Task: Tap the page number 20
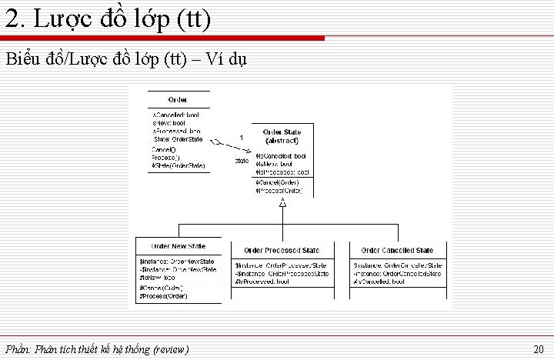point(539,349)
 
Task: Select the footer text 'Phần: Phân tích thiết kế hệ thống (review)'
point(96,349)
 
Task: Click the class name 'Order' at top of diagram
point(178,100)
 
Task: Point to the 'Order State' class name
point(282,133)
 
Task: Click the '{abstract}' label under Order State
point(282,142)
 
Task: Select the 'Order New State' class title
point(178,245)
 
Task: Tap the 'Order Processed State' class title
point(282,251)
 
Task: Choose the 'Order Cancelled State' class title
point(397,251)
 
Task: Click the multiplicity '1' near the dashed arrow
point(242,137)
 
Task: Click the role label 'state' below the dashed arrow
point(241,161)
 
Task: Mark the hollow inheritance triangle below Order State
point(283,202)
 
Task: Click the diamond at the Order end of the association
point(218,142)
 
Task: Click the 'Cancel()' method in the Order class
point(163,149)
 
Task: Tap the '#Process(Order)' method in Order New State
point(163,296)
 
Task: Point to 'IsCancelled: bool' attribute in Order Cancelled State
point(379,282)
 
